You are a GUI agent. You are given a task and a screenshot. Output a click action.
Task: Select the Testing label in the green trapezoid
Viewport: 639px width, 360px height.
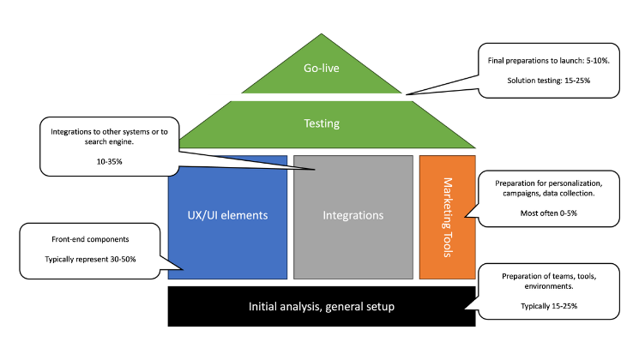pyautogui.click(x=322, y=123)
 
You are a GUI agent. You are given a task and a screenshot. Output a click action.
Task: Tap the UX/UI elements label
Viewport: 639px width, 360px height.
pyautogui.click(x=227, y=216)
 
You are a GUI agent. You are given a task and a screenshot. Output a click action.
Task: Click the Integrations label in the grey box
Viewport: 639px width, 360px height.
pyautogui.click(x=353, y=216)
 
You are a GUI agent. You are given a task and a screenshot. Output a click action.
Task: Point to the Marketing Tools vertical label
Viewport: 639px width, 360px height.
pyautogui.click(x=448, y=218)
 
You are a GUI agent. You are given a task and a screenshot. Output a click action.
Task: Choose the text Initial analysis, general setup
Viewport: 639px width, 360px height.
pyautogui.click(x=322, y=306)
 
